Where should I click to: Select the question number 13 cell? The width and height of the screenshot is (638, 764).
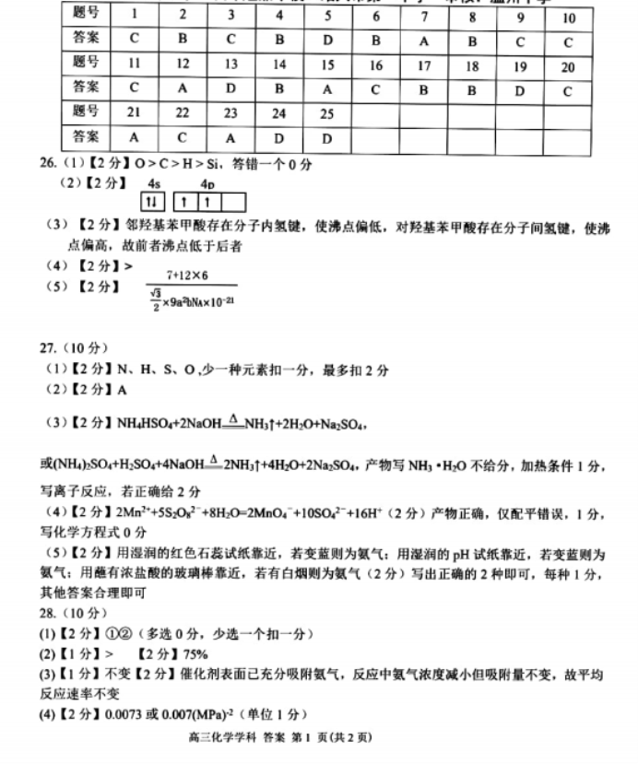(230, 65)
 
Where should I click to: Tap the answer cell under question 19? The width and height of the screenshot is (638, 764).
(519, 89)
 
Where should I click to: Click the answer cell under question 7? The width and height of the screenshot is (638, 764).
(423, 41)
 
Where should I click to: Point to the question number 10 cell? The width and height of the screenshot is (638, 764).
(567, 18)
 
